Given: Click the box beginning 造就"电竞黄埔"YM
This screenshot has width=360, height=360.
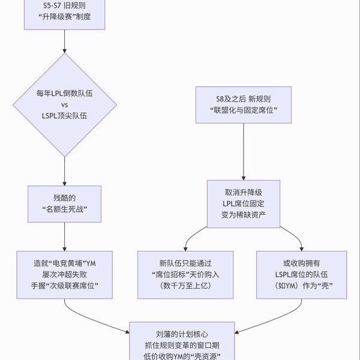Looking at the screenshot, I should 65,274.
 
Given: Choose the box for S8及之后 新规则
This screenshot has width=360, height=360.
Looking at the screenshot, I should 242,105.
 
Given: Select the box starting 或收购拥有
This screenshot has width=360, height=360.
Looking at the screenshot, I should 302,274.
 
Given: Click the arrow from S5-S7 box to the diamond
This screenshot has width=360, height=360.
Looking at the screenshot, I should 64,42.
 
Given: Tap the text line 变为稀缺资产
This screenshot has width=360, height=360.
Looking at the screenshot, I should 243,214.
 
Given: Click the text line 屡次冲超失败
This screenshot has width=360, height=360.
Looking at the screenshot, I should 65,274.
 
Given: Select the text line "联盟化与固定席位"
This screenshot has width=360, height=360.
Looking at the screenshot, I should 242,111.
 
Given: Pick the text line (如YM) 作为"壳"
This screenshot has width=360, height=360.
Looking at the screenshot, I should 302,286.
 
